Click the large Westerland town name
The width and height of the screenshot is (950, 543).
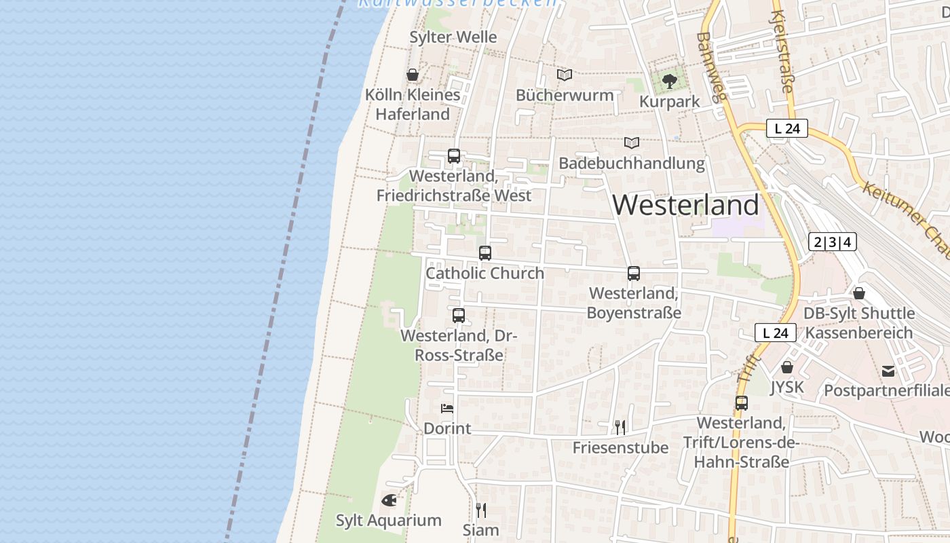pos(685,205)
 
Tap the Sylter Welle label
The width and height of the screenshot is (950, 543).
pos(453,37)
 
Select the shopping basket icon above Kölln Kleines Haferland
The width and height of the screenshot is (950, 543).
pos(412,75)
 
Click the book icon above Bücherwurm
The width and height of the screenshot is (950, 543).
pos(565,75)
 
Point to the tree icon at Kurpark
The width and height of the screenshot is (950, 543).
pos(670,81)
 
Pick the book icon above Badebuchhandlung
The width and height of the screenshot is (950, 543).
pos(632,143)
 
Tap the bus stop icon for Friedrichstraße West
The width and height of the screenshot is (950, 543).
pos(454,156)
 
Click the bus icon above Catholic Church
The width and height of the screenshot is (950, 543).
pos(485,253)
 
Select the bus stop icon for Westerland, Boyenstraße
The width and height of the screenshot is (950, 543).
pos(634,274)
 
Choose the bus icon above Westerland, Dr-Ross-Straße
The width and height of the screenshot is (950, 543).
pos(459,316)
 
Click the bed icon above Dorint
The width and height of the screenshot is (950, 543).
pos(447,408)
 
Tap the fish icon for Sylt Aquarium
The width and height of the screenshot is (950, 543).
pos(389,500)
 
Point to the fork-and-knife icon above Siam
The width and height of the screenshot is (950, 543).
pos(481,510)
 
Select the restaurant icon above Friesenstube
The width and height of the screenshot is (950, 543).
pos(620,427)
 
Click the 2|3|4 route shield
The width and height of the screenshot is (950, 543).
pos(832,242)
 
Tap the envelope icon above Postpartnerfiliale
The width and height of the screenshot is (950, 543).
pos(888,371)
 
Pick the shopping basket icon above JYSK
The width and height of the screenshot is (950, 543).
pos(787,367)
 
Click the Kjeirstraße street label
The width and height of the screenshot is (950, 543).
pos(782,51)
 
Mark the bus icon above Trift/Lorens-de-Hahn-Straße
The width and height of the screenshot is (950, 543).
pos(742,403)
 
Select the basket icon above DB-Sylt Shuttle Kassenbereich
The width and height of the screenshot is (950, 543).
pos(859,293)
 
